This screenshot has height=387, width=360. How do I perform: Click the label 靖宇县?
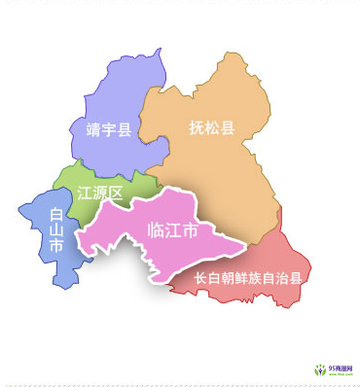pos(108,128)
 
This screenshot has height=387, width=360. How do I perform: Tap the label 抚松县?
pos(212,128)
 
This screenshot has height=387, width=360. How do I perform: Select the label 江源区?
pos(100,193)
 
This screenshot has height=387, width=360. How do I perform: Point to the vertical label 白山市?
pos(56,231)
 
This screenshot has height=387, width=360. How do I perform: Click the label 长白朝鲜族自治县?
pos(248,277)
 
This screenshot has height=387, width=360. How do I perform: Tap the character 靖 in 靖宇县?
pos(93,128)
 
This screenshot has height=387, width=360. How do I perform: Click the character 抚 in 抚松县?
pos(197,128)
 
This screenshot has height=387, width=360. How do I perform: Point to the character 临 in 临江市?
pos(155,230)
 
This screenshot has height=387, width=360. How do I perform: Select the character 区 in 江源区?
pos(116,193)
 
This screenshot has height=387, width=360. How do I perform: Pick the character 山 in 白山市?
pos(56,231)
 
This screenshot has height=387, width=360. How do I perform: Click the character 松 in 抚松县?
pos(212,128)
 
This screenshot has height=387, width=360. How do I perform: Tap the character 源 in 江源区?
pos(100,193)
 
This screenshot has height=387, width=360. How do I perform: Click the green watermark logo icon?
pos(319,369)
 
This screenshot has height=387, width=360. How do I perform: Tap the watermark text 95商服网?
pos(341,369)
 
